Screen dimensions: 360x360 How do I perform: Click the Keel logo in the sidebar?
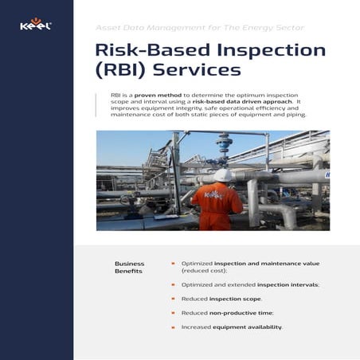point(36,25)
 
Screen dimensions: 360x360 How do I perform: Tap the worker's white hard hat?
point(224,174)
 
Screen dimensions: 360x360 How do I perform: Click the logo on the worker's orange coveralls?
point(211,194)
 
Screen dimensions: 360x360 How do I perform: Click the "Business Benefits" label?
point(130,267)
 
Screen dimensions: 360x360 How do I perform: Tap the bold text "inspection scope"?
point(235,299)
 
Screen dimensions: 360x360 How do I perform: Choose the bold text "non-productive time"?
point(241,313)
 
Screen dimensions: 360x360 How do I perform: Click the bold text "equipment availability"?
point(247,327)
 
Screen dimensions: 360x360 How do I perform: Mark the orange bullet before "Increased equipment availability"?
point(173,327)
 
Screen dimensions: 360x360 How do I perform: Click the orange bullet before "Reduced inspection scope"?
point(173,299)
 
